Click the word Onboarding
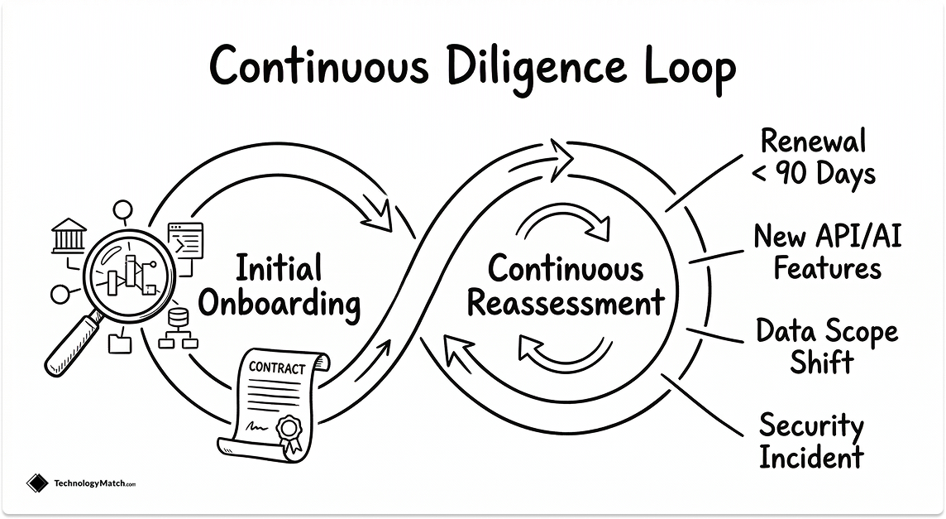coord(280,305)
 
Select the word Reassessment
coord(566,303)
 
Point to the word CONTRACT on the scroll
coord(277,368)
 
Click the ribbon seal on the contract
coord(289,431)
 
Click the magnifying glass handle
coord(72,346)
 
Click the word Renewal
coord(813,141)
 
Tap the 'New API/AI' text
coord(827,237)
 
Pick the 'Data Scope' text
coord(826,332)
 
